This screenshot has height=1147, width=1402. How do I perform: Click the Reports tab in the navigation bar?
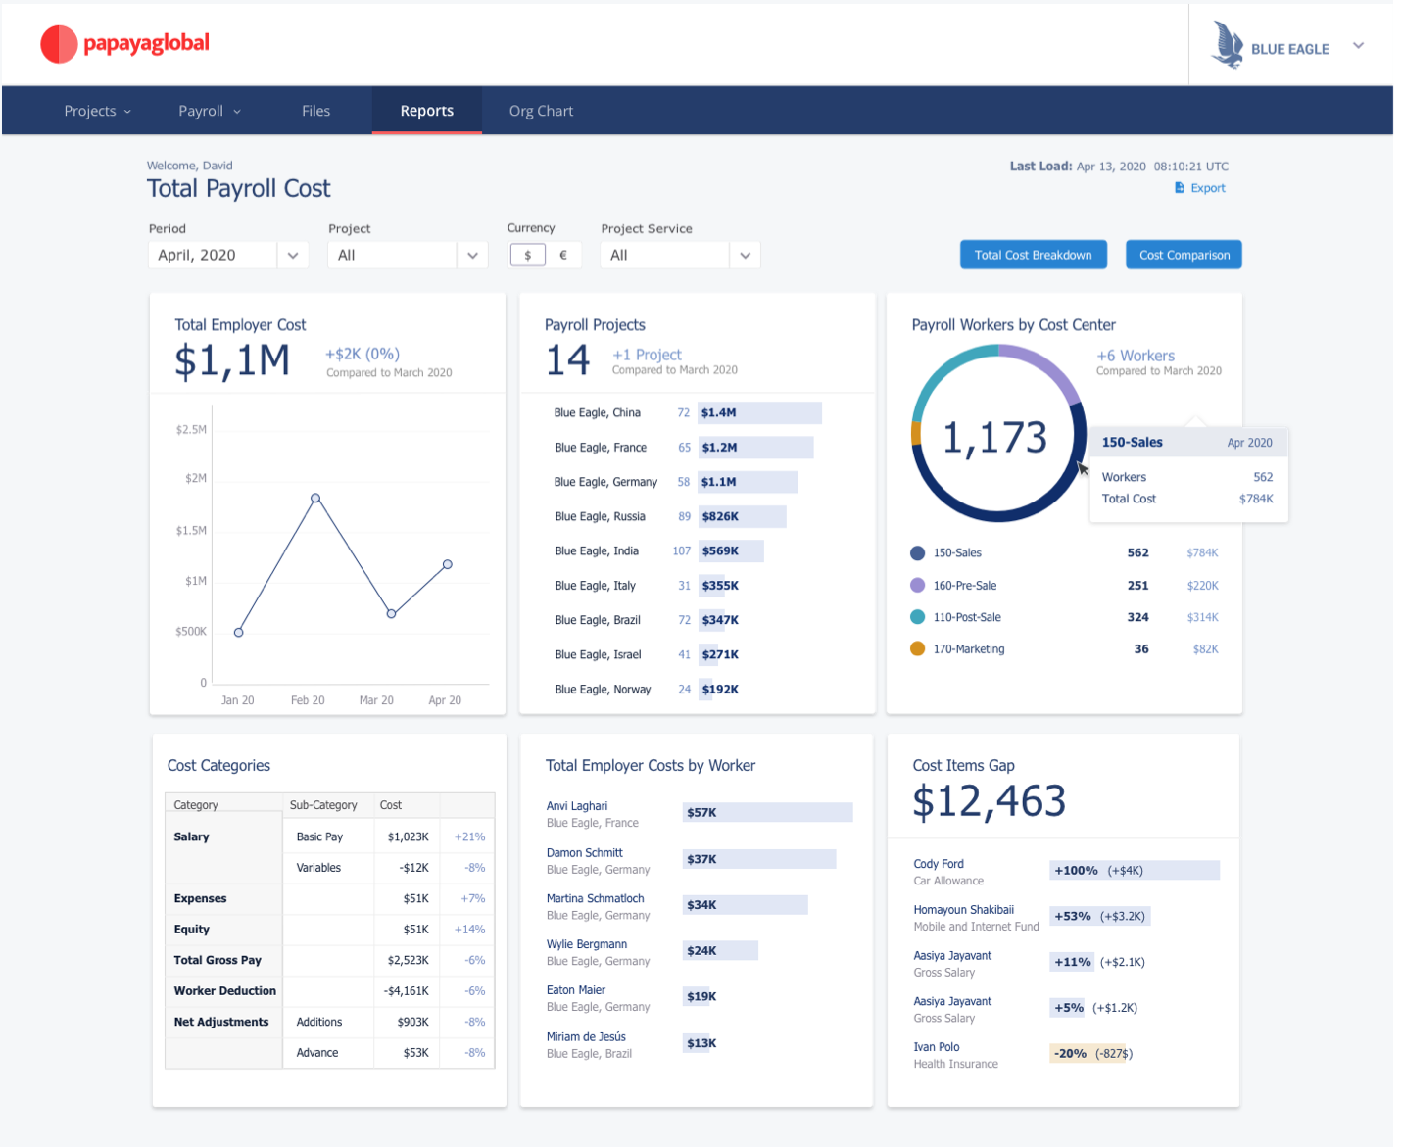point(426,111)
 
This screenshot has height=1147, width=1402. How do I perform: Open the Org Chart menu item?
point(541,111)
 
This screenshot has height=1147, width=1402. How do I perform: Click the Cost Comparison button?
point(1184,255)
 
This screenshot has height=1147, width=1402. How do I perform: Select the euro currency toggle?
point(563,255)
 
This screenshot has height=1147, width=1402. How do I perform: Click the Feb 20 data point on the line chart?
point(315,499)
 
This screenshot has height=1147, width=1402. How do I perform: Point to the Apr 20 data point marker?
point(448,564)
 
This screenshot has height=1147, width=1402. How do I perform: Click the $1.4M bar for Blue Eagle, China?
point(759,413)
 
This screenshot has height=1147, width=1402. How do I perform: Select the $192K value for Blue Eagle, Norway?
point(720,690)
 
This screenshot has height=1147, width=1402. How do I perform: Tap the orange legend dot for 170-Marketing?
point(918,648)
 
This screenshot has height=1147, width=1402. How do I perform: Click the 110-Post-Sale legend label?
point(967,617)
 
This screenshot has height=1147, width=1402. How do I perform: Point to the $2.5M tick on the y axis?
point(191,430)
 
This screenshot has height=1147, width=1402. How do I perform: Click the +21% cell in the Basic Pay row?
point(469,837)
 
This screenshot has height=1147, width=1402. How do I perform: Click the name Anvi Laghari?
point(577,806)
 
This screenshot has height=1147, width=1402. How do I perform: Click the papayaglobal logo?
point(125,44)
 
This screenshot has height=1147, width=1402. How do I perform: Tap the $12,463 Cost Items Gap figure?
point(989,801)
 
